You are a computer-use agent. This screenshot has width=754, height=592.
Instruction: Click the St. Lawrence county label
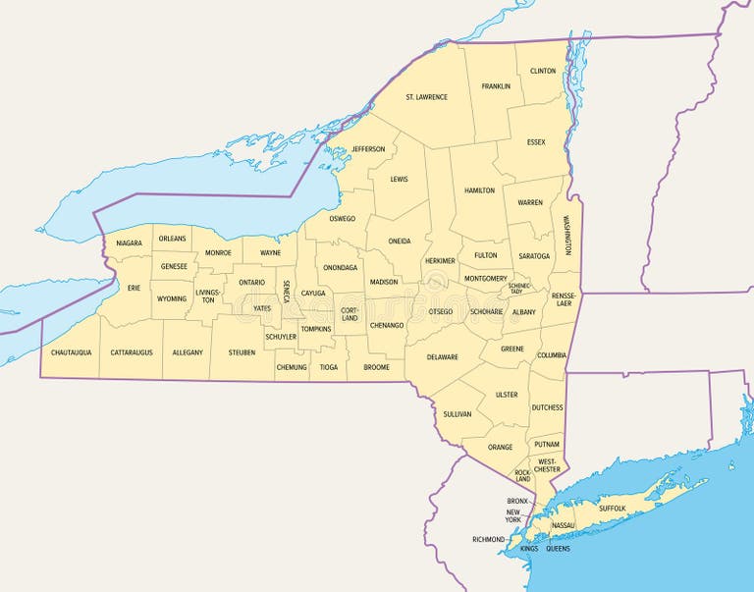tap(426, 97)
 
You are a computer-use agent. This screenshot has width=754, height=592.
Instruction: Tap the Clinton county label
tap(543, 71)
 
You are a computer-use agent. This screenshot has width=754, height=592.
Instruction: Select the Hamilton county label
tap(479, 189)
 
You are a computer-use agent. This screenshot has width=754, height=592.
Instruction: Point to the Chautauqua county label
tap(71, 351)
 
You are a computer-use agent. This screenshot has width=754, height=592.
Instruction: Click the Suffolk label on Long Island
tap(612, 510)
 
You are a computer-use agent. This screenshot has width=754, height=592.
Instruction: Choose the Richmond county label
tap(488, 539)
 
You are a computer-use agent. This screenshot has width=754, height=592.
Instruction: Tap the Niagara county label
tap(129, 242)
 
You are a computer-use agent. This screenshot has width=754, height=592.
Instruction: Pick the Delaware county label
tap(443, 356)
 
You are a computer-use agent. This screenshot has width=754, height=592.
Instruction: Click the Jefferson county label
tap(368, 149)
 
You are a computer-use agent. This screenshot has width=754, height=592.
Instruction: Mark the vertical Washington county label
tap(566, 236)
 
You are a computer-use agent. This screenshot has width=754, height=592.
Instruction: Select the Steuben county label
tap(242, 351)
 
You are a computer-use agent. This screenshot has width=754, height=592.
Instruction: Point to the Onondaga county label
tap(340, 267)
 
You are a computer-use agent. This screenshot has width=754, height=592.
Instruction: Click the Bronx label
tap(517, 501)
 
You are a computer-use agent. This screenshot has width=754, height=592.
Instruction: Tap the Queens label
tap(558, 549)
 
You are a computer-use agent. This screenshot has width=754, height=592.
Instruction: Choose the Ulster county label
tap(507, 395)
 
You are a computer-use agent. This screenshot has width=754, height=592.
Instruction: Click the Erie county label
tap(134, 288)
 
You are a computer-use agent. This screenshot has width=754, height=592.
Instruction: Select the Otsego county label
tap(441, 311)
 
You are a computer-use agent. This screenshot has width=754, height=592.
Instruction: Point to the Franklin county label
tap(496, 86)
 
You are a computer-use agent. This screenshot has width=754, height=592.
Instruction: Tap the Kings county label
tap(529, 549)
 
